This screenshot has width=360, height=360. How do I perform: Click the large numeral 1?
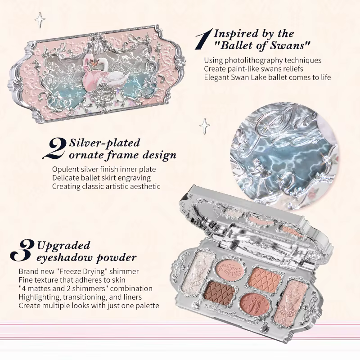[204, 39]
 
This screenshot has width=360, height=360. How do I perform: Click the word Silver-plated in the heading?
[104, 143]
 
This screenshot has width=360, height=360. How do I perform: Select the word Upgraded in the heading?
[63, 246]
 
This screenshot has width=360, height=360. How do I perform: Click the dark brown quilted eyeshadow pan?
[220, 291]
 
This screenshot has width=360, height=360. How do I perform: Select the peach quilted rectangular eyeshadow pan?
[265, 277]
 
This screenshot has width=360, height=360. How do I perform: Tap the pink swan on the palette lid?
[87, 71]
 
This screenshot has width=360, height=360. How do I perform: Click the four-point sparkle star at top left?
[40, 20]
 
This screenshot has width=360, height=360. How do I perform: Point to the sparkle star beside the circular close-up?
[204, 126]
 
